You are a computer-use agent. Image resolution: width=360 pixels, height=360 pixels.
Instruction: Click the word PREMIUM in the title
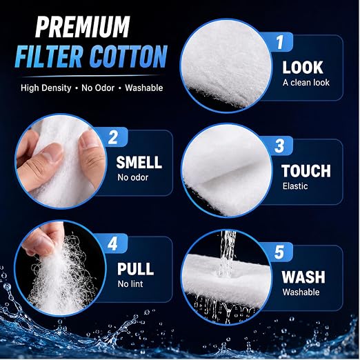click(x=83, y=27)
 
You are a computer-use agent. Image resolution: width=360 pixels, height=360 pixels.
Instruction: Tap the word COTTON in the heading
click(x=128, y=57)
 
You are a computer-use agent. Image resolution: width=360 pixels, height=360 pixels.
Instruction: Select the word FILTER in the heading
click(x=48, y=57)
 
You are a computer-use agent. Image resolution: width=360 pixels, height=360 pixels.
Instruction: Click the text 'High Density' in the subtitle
click(x=46, y=88)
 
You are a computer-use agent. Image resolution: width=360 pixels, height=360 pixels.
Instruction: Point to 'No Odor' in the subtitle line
click(x=98, y=88)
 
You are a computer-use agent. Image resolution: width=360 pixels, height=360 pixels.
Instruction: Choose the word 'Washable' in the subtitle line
click(x=144, y=88)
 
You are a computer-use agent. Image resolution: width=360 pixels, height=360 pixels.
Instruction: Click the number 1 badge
click(x=279, y=42)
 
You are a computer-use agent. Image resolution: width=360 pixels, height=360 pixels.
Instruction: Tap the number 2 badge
click(x=113, y=137)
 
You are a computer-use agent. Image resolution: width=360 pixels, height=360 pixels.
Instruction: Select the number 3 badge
click(x=279, y=146)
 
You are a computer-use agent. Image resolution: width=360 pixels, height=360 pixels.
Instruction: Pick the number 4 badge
click(x=112, y=243)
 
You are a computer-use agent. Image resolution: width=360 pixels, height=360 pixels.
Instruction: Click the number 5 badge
click(x=279, y=252)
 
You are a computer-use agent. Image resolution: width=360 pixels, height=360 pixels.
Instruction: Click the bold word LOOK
click(x=303, y=68)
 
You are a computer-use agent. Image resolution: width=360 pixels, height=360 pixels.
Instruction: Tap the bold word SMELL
click(x=139, y=162)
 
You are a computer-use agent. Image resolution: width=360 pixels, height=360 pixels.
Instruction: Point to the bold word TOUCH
click(x=306, y=171)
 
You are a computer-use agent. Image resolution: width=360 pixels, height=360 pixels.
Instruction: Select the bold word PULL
click(x=135, y=269)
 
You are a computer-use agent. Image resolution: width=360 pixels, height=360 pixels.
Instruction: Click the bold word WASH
click(x=303, y=277)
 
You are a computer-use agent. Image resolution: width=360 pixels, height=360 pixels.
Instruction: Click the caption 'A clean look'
click(x=306, y=83)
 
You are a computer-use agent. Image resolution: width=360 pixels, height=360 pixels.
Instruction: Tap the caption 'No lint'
click(x=130, y=284)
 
